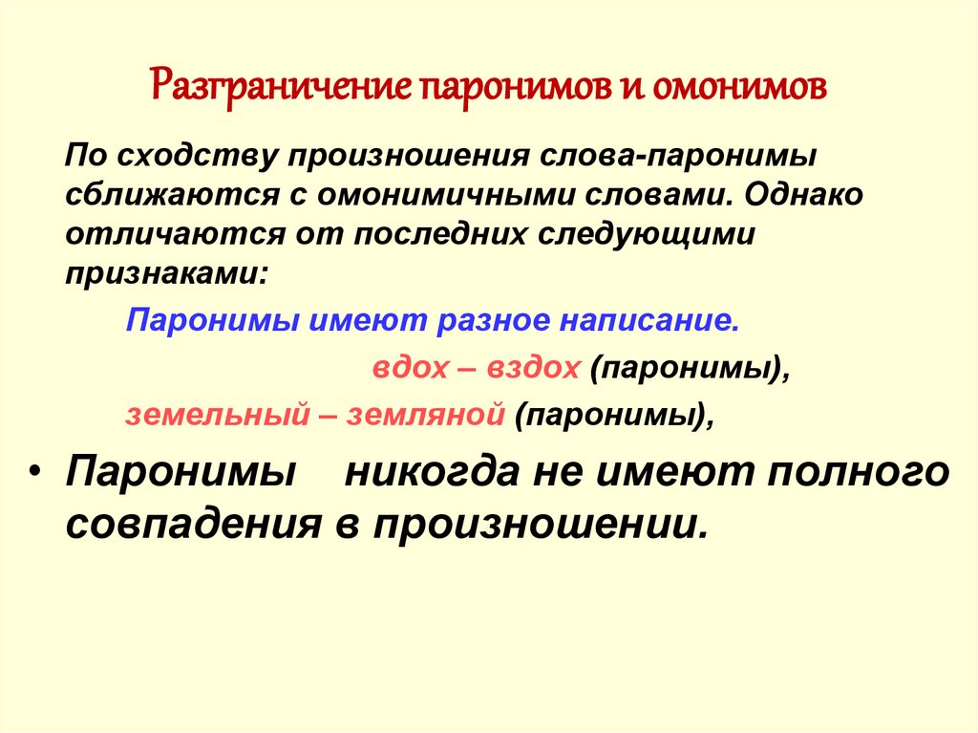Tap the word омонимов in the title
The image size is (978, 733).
740,88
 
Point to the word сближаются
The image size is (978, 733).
173,195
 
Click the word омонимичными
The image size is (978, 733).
446,195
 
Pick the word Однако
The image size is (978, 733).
803,194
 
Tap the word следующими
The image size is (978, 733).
646,235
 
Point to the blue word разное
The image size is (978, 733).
494,321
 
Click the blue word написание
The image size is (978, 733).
648,321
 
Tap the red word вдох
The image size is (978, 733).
410,367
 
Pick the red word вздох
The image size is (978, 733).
533,367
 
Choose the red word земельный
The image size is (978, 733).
218,414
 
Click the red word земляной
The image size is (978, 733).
425,414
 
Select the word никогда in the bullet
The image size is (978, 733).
432,472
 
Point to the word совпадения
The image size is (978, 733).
193,523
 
